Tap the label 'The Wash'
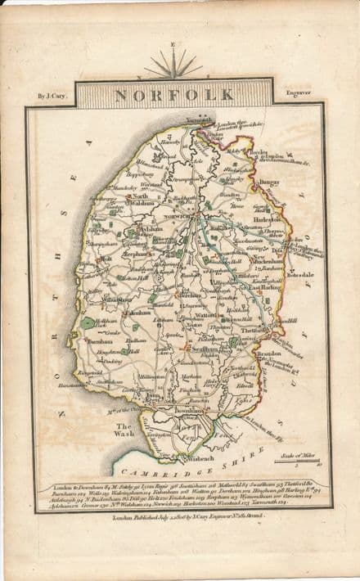tap(125, 430)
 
